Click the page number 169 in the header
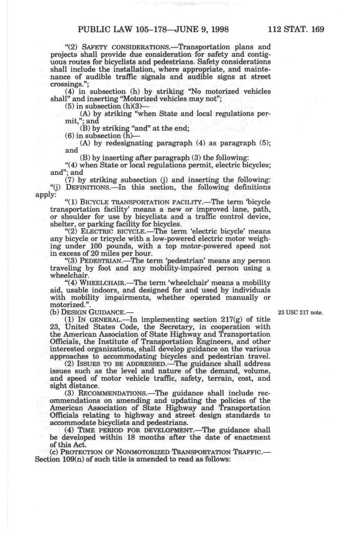coord(316,30)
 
